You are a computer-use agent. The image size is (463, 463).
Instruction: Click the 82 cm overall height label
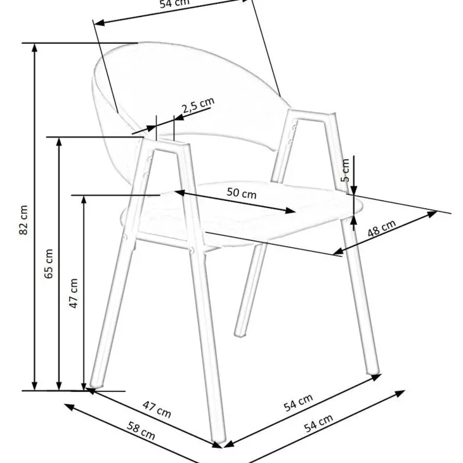point(23,219)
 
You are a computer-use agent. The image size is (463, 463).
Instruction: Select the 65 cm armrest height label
point(48,263)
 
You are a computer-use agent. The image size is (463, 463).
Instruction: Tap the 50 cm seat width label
point(242,193)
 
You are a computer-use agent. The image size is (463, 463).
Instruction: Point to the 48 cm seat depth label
point(382,228)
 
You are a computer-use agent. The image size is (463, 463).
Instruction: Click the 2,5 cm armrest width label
point(198,105)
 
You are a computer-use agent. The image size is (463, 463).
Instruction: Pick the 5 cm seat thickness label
point(345,170)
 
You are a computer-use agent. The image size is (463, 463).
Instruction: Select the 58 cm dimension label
point(141,431)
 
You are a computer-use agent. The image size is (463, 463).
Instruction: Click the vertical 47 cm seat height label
point(74,293)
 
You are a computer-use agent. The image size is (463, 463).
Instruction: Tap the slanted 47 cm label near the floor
point(157,409)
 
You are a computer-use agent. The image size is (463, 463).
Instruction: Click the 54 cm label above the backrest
point(174,4)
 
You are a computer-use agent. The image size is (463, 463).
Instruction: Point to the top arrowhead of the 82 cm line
point(34,48)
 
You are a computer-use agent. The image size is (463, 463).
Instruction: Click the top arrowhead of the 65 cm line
point(59,141)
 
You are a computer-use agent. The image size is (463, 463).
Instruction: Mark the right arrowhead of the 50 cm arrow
point(290,211)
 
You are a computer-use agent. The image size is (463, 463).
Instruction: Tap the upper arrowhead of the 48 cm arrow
point(433,214)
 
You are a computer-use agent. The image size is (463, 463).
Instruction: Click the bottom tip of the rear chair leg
point(240,334)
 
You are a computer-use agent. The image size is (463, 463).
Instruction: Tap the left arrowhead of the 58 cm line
point(68,407)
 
